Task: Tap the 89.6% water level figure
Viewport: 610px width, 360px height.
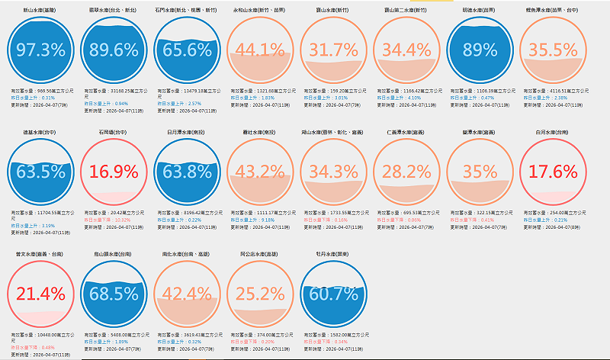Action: pyautogui.click(x=112, y=50)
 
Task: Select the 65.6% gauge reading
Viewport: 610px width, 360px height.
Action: pyautogui.click(x=185, y=50)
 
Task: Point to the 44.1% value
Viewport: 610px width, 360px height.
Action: pyautogui.click(x=260, y=50)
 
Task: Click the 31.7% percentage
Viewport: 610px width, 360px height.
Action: pyautogui.click(x=334, y=50)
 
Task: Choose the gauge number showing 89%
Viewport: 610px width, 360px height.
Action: pyautogui.click(x=480, y=50)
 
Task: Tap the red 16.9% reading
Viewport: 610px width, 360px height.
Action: pyautogui.click(x=112, y=171)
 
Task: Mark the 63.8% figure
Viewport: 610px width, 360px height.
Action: pyautogui.click(x=185, y=171)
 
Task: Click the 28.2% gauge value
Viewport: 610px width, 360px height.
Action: pyautogui.click(x=407, y=171)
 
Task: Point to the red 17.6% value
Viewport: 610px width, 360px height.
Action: pyautogui.click(x=554, y=171)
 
